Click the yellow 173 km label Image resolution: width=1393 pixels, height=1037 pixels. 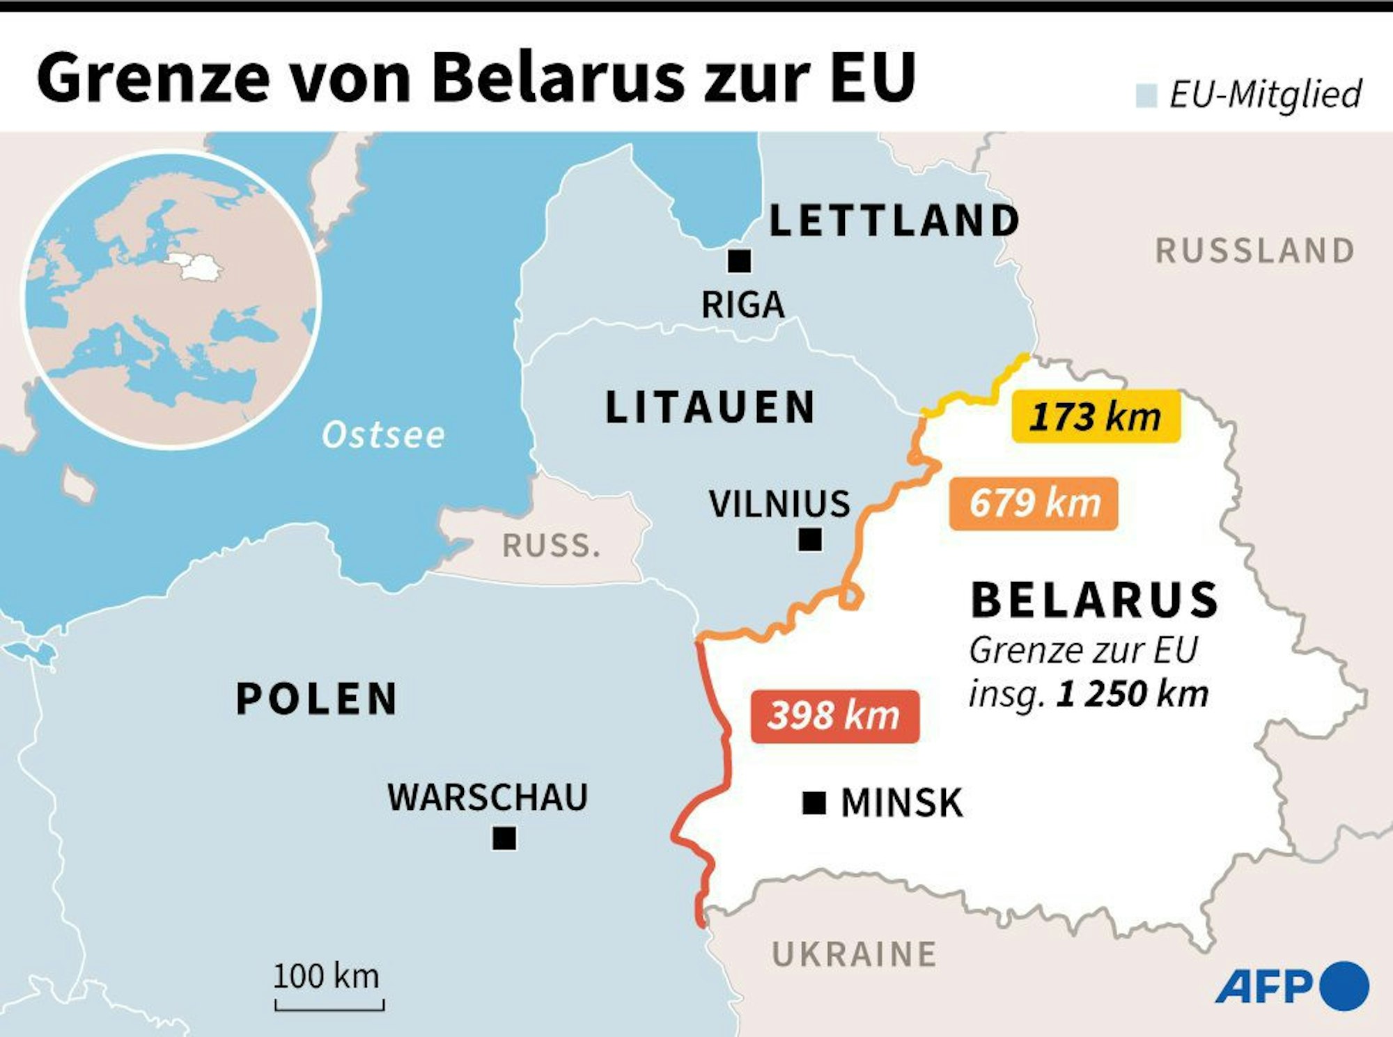[x=1096, y=416]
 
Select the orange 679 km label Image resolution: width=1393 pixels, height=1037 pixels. [x=1034, y=503]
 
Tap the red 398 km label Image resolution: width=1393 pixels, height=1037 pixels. [x=834, y=716]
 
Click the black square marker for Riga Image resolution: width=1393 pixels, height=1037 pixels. [x=739, y=261]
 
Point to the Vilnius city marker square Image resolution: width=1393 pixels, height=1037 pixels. [x=809, y=539]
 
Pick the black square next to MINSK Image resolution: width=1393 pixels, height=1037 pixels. [x=814, y=803]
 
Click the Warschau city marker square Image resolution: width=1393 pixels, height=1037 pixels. [x=504, y=838]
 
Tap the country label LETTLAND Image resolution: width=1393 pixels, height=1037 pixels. [x=894, y=221]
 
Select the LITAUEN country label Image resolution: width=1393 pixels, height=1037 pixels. [x=710, y=407]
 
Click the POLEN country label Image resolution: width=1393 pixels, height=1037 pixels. [x=317, y=699]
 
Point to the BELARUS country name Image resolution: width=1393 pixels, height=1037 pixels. [x=1094, y=600]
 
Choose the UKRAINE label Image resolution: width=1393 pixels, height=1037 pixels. [x=854, y=954]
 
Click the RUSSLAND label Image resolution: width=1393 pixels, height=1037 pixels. [x=1255, y=251]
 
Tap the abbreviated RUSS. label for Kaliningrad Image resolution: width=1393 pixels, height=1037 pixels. [x=551, y=546]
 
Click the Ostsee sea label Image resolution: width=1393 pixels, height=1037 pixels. [x=383, y=436]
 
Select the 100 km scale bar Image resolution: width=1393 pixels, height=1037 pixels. [x=329, y=1004]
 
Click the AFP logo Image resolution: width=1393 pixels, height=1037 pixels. [x=1292, y=985]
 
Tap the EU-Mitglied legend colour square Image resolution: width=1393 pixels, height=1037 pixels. [x=1146, y=95]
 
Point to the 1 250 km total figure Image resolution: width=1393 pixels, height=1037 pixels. [x=1132, y=694]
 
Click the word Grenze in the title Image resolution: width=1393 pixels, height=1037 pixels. [x=153, y=78]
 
